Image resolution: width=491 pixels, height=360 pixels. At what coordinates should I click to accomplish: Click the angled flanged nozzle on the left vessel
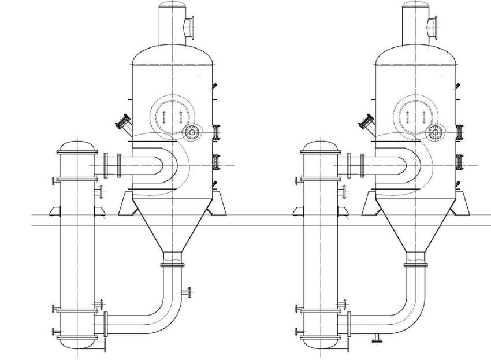tap(124, 123)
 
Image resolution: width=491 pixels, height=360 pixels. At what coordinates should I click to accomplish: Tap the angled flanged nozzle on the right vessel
tap(367, 123)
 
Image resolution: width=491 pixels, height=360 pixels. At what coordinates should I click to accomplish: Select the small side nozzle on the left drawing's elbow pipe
tap(187, 293)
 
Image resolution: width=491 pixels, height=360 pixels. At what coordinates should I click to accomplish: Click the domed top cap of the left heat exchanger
tap(76, 144)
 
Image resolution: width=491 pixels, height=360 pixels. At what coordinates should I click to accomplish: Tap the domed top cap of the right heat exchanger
tap(320, 144)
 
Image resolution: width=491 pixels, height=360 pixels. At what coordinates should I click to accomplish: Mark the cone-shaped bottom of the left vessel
tap(173, 222)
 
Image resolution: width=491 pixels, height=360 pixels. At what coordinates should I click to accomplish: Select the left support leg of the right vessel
tap(369, 205)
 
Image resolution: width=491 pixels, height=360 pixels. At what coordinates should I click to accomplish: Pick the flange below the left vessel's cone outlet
tap(173, 265)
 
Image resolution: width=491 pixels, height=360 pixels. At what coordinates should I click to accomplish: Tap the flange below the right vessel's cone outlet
tap(416, 265)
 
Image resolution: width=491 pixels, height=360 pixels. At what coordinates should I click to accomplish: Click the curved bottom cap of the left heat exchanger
tap(76, 344)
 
